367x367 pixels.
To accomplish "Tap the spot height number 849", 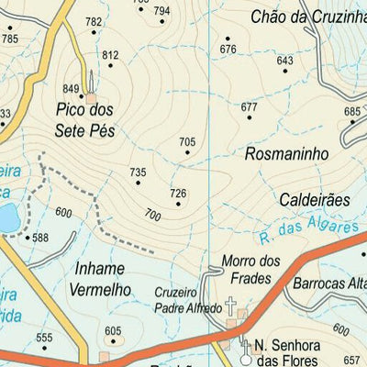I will [x=72, y=88].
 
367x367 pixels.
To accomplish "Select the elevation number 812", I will [x=111, y=56].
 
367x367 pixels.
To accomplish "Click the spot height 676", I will [x=228, y=50].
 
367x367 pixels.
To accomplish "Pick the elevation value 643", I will [x=284, y=61].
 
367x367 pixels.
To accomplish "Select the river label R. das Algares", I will [x=296, y=227].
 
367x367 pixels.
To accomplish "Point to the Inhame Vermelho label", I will [x=100, y=280].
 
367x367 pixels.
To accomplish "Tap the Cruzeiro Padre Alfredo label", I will [x=188, y=298].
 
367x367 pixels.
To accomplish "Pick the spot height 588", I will [x=40, y=238].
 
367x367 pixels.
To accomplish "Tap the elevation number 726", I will [x=178, y=193].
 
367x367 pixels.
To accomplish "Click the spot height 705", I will [x=187, y=141].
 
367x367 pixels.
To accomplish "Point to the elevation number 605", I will [x=112, y=331].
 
